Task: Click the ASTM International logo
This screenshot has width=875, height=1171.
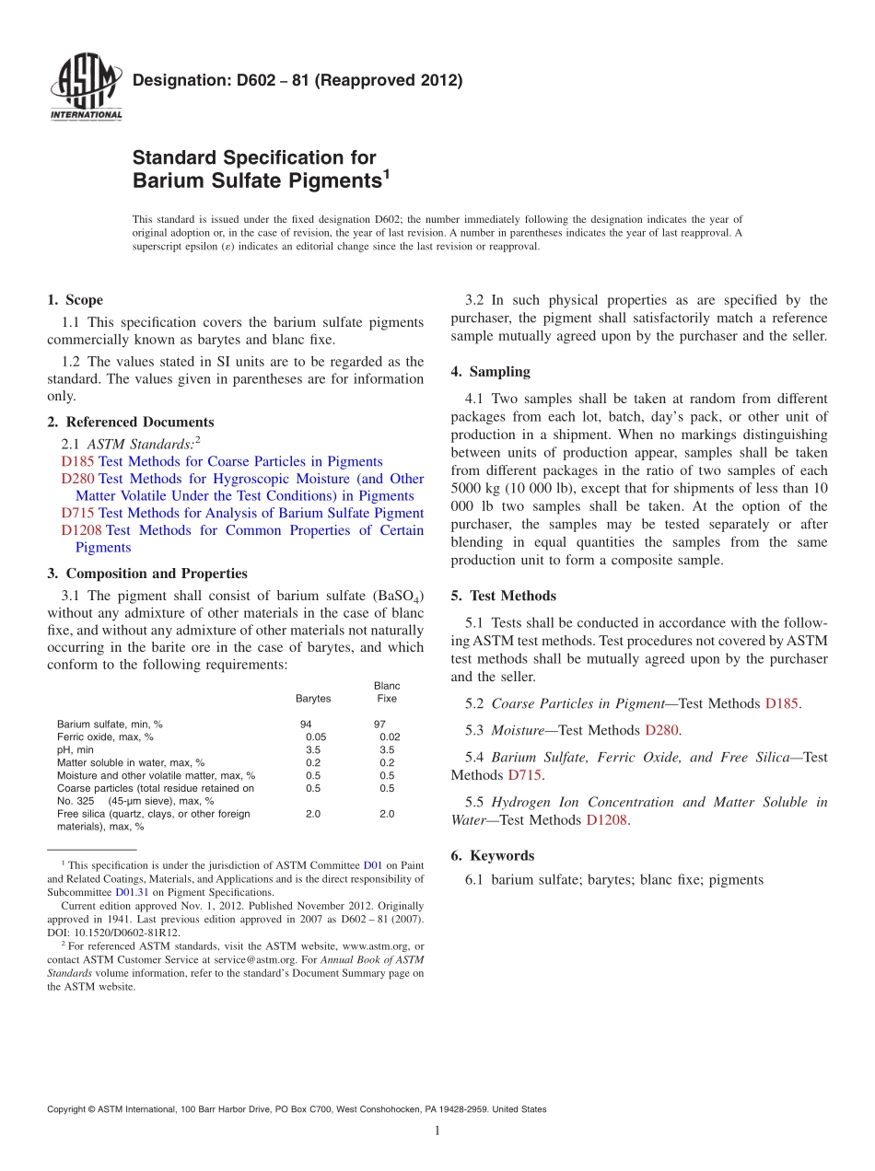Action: tap(85, 88)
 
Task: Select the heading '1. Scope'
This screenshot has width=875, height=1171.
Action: tap(75, 300)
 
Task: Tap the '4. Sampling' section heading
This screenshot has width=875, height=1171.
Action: tap(490, 372)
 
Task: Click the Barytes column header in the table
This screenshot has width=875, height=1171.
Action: tap(313, 699)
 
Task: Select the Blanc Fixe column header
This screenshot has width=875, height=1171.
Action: tap(387, 692)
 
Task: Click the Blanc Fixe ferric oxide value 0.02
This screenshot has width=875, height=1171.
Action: tap(390, 737)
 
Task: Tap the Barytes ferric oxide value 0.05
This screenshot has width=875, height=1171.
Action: tap(316, 737)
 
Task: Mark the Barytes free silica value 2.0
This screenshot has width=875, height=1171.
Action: tap(313, 814)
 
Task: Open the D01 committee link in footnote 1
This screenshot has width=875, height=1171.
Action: tap(373, 865)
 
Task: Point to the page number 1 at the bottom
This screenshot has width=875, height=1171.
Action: tap(437, 1130)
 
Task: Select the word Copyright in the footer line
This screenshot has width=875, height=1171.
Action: tap(70, 1109)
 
